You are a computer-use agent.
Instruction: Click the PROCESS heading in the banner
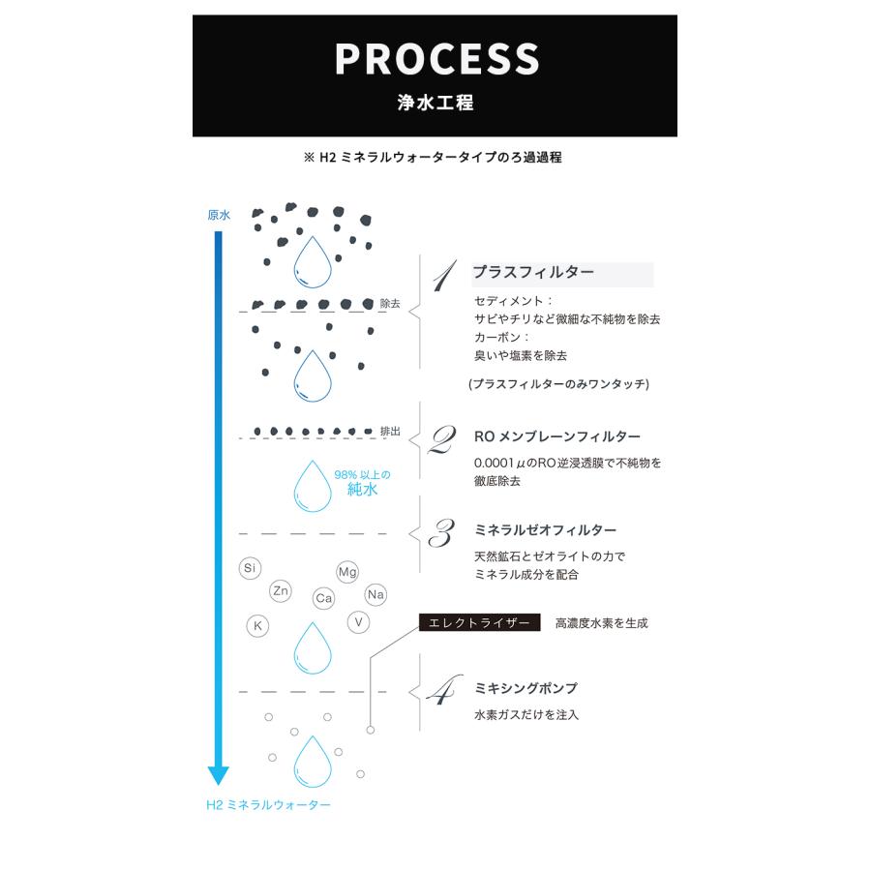coord(435,59)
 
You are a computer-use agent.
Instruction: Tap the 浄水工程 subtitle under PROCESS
coord(435,103)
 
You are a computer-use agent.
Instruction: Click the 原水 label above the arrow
coord(219,215)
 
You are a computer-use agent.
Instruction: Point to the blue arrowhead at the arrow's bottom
coord(219,774)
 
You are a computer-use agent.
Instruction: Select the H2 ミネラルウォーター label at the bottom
coord(268,804)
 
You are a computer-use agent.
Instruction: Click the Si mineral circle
coord(250,568)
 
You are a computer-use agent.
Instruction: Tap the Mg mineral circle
coord(347,573)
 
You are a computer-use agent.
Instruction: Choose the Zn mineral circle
coord(281,590)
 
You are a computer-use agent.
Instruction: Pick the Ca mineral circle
coord(324,599)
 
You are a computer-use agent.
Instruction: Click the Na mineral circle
coord(375,594)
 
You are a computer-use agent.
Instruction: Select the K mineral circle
coord(257,625)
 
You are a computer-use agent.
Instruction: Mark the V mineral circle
coord(359,621)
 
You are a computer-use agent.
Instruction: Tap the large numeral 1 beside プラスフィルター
coord(443,278)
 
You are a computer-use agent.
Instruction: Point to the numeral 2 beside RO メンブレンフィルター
coord(441,440)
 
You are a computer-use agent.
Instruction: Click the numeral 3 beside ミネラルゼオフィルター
coord(441,533)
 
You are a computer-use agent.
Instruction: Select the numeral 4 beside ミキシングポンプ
coord(442,692)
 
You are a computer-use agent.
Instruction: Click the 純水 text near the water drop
coord(362,490)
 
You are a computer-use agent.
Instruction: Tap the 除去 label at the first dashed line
coord(390,302)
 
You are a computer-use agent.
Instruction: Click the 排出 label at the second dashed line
coord(390,431)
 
